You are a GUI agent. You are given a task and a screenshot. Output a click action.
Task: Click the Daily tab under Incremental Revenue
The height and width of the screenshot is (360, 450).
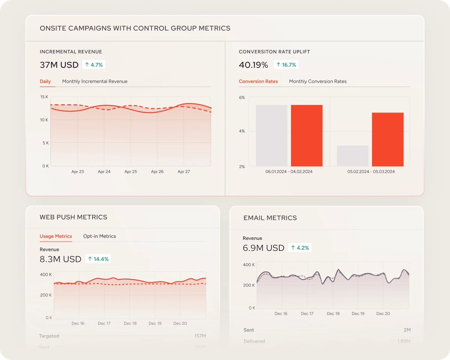pos(45,81)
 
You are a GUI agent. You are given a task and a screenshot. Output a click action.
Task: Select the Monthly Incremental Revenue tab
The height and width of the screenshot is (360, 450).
pos(94,81)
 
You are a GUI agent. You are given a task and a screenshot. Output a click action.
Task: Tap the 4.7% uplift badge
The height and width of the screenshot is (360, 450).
pos(94,65)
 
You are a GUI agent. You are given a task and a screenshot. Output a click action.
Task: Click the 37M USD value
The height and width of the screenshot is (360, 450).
pos(59,65)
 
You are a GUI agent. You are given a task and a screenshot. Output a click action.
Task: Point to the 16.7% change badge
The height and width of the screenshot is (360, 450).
pos(286,65)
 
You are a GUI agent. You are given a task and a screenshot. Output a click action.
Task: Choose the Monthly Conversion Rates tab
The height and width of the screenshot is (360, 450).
pos(318,81)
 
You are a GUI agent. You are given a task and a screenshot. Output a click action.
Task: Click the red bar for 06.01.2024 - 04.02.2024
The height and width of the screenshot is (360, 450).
pos(306,135)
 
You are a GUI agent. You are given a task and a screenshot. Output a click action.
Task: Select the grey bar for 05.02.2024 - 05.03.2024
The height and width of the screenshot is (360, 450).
pos(352,156)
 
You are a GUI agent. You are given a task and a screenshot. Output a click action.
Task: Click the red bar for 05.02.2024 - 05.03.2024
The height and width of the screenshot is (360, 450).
pos(388,139)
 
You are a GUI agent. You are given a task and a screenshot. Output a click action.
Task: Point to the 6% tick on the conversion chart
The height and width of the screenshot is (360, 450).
pos(242,97)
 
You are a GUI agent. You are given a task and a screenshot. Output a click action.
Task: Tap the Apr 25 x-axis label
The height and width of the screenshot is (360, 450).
pos(130,172)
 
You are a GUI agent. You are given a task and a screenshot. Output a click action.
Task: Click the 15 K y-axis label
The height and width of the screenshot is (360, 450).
pos(44,97)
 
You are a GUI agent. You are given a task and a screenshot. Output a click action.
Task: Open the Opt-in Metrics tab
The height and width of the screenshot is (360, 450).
pos(99,236)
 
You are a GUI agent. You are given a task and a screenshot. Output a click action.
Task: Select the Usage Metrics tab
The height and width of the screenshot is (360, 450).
pos(55,236)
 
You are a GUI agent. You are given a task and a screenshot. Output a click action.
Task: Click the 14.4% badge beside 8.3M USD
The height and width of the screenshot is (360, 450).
pos(98,259)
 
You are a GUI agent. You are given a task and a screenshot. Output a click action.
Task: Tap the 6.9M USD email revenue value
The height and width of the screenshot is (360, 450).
pos(263,248)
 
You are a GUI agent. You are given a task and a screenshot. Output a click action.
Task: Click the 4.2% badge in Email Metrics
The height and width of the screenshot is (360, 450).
pos(300,248)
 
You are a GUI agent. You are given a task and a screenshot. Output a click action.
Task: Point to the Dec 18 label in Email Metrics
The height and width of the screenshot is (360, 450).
pos(333,313)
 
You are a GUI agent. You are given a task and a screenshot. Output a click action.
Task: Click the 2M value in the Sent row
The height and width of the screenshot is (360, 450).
pos(407,330)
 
